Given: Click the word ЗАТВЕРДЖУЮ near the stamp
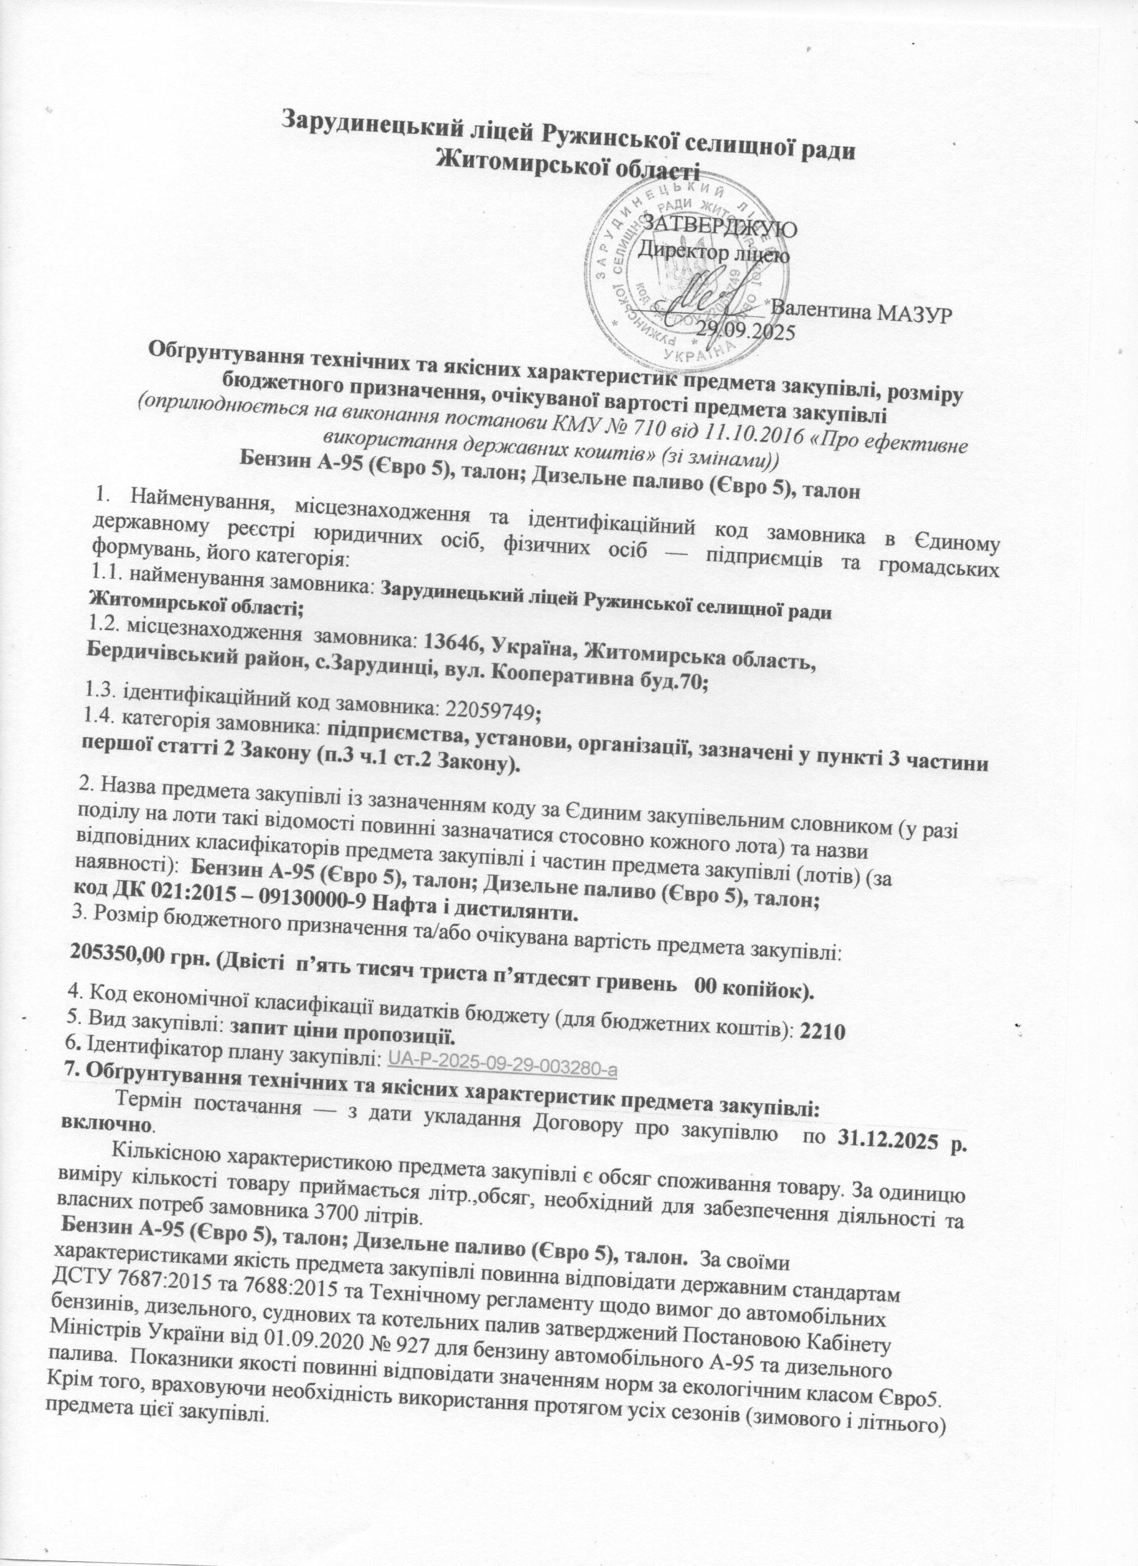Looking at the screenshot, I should click(x=721, y=226).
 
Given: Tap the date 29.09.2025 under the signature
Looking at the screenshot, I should click(x=745, y=328).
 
